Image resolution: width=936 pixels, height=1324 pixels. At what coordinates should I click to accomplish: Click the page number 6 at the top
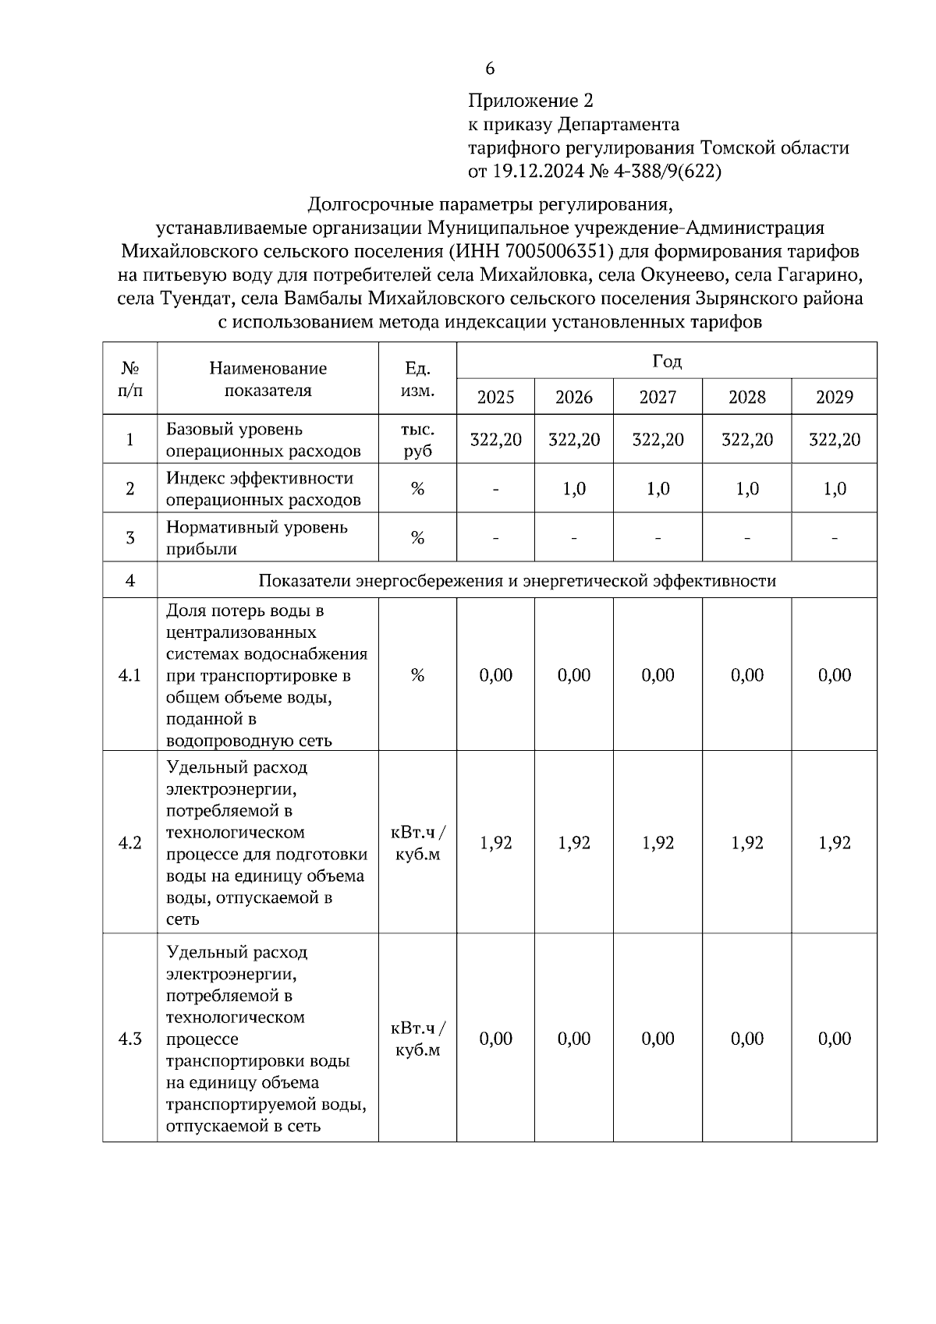coord(490,69)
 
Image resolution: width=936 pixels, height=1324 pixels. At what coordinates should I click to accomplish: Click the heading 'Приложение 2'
coord(530,101)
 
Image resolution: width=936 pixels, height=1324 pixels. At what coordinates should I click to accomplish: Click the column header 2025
coord(495,397)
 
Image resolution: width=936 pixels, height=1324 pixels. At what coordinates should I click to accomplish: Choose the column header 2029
coord(834,397)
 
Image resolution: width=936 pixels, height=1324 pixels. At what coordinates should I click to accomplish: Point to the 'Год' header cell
coord(666,361)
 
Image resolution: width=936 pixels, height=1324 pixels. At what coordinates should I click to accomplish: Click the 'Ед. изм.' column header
coord(417,378)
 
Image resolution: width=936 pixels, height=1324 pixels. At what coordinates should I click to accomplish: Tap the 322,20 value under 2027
coord(658,440)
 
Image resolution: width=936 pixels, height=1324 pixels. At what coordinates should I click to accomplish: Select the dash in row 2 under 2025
coord(495,490)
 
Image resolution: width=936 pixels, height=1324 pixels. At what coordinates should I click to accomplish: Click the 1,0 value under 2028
coord(746,489)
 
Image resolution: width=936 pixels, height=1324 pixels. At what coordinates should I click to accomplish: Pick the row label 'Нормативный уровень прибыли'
coord(257,538)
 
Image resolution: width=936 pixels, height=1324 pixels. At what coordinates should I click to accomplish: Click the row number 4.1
coord(129,675)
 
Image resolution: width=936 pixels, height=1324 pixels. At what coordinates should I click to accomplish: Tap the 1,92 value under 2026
coord(574,843)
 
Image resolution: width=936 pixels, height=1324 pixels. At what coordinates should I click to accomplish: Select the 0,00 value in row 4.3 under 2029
coord(834,1039)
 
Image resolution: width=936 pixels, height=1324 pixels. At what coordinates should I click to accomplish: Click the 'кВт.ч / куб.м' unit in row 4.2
coord(417,843)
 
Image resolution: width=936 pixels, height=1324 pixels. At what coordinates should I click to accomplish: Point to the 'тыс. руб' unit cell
coord(417,440)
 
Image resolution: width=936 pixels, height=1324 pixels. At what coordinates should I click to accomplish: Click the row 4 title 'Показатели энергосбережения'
coord(516,581)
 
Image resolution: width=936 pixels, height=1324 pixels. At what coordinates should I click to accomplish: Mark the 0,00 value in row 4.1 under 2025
coord(495,675)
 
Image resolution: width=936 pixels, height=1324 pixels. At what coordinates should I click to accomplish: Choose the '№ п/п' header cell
coord(129,378)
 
